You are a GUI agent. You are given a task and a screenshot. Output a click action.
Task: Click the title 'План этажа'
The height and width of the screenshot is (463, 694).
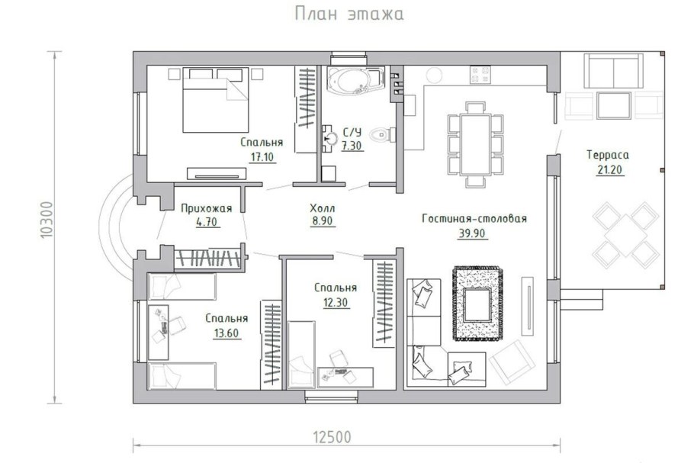pyautogui.click(x=348, y=14)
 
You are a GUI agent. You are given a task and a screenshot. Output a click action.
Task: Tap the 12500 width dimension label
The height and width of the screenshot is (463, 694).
pyautogui.click(x=332, y=437)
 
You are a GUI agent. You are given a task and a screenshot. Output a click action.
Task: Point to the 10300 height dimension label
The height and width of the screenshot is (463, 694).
pyautogui.click(x=48, y=221)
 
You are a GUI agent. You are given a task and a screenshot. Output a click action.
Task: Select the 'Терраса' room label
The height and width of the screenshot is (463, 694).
pyautogui.click(x=607, y=155)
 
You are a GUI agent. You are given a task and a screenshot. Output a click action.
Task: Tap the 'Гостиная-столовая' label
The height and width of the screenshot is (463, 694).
pyautogui.click(x=474, y=219)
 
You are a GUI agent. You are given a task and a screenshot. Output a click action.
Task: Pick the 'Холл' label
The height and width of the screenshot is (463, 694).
pyautogui.click(x=322, y=207)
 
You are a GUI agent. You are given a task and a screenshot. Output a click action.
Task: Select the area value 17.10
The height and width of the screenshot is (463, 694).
pyautogui.click(x=262, y=156)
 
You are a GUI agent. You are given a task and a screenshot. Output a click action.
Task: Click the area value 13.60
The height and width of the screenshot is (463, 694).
pyautogui.click(x=226, y=333)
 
